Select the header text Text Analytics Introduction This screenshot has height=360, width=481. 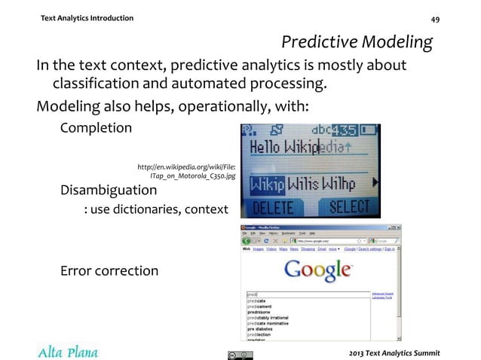tap(87, 17)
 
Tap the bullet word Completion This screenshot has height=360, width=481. tap(96, 127)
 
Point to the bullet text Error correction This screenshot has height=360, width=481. tap(109, 270)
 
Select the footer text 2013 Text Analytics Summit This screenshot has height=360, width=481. tap(391, 352)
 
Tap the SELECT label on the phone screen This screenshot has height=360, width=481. tap(346, 206)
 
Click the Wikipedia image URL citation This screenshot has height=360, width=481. tap(185, 170)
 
